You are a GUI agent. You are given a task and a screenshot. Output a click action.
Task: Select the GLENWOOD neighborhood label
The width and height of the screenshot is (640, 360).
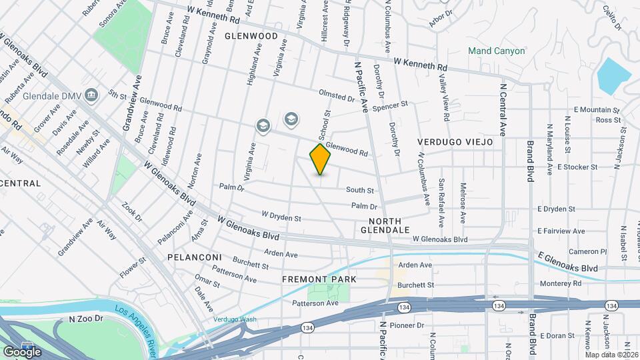[x=251, y=35]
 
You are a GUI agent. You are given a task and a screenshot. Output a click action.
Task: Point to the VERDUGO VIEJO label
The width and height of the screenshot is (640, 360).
[x=455, y=142]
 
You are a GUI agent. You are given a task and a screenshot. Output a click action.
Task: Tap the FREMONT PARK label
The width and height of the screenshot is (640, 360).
[x=319, y=279]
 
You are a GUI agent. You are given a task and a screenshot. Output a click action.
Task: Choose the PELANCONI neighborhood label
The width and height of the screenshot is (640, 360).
[x=195, y=257]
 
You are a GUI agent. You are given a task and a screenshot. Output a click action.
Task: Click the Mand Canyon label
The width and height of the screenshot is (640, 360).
[x=496, y=51]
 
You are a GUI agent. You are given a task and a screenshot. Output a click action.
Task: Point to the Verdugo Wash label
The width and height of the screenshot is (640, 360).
[x=235, y=319]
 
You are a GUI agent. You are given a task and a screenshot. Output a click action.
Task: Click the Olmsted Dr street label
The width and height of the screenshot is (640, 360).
[x=337, y=97]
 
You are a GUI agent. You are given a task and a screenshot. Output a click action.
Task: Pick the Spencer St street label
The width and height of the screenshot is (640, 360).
[x=390, y=105]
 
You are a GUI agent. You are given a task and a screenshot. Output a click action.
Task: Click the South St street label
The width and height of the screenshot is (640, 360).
[x=359, y=190]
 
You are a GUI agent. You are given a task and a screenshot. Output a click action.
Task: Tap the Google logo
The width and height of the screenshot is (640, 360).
[x=22, y=351]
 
